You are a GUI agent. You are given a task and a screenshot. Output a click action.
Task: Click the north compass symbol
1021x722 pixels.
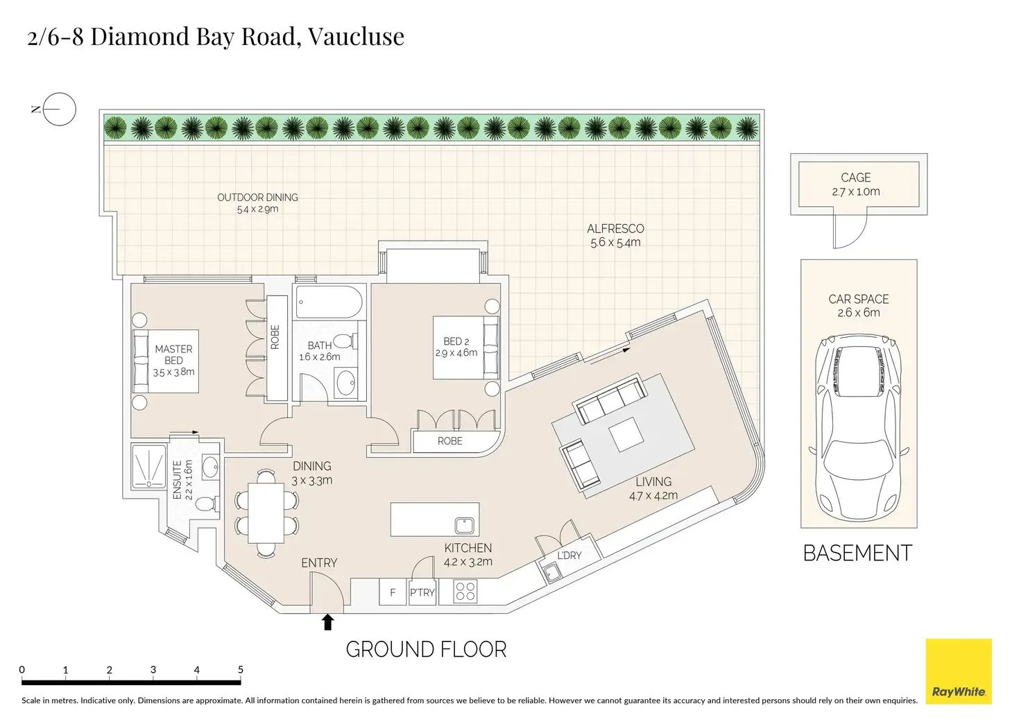click(59, 109)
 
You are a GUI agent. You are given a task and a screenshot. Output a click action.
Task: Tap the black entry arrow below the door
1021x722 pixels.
click(328, 622)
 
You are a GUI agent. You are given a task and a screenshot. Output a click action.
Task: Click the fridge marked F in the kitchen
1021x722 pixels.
click(393, 592)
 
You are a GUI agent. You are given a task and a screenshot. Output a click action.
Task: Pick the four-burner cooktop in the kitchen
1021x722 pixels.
click(465, 592)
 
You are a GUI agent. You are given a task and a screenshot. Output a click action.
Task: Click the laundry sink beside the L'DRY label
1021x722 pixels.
click(552, 573)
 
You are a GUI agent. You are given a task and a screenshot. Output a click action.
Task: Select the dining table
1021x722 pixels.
click(266, 513)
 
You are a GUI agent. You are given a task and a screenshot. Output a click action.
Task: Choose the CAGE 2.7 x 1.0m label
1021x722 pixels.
click(856, 184)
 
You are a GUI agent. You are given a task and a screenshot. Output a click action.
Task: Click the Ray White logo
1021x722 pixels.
click(959, 671)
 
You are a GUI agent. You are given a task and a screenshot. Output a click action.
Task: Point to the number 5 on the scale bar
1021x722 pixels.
click(241, 669)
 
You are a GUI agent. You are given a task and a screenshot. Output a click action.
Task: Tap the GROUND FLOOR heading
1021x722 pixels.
click(426, 650)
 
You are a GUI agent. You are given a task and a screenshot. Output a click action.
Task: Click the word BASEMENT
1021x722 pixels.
click(857, 553)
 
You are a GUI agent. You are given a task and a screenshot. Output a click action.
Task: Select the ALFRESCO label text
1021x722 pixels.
click(615, 229)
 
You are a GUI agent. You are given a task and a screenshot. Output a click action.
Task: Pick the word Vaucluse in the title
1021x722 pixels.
click(356, 36)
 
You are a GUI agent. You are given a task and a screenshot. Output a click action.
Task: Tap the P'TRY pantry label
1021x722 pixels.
click(422, 592)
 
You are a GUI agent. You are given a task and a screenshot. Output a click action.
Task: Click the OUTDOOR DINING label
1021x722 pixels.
click(257, 198)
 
